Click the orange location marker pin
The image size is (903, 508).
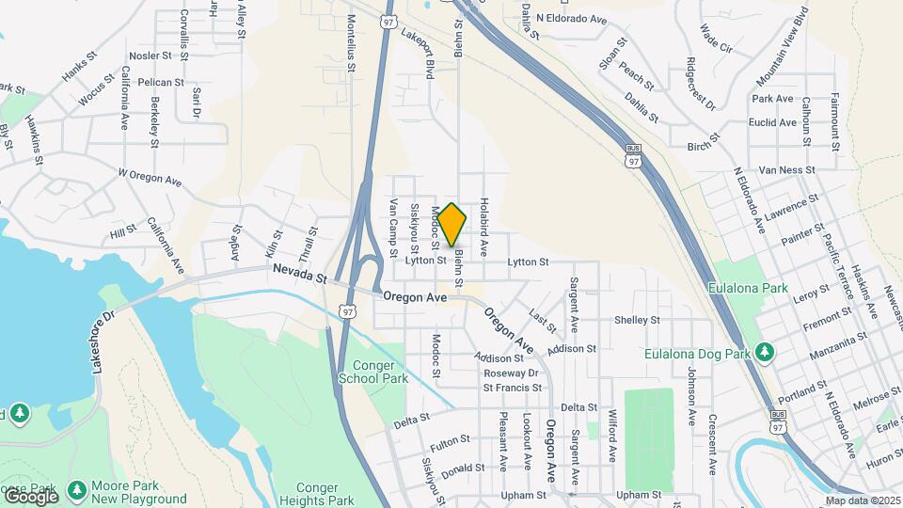[452, 225]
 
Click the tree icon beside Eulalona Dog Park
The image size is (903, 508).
[767, 353]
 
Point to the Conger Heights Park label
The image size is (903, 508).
[325, 494]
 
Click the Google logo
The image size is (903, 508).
[30, 496]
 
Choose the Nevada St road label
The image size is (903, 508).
[299, 274]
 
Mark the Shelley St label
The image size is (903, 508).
[637, 320]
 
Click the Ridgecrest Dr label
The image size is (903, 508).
[701, 83]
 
